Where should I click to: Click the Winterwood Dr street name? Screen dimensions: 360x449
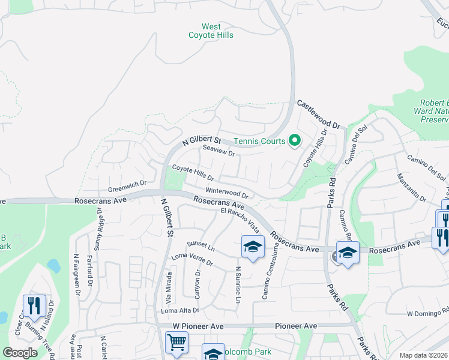(x=227, y=193)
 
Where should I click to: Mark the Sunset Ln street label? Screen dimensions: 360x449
(x=200, y=245)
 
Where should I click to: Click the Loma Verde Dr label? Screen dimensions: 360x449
(x=192, y=259)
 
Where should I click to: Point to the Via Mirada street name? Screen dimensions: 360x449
(x=169, y=287)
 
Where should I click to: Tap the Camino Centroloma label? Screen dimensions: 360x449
(x=265, y=278)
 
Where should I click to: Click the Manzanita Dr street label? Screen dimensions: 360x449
(x=411, y=188)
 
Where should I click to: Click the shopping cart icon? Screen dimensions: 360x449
(x=176, y=342)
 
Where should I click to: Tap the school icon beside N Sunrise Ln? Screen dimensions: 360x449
(x=253, y=246)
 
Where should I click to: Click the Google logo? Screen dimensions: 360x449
(x=20, y=353)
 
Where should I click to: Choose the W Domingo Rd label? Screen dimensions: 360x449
(x=428, y=313)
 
